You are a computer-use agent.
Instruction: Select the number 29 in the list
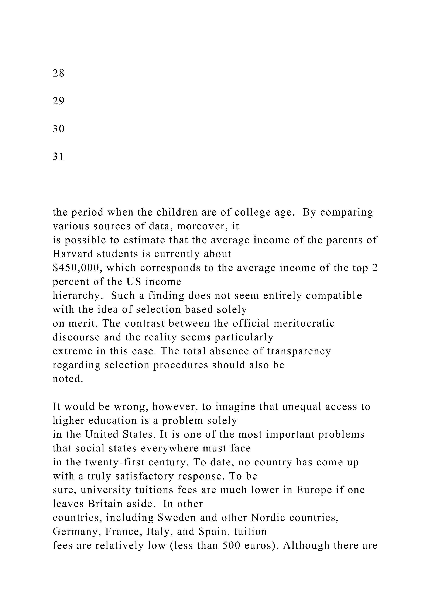click(x=58, y=101)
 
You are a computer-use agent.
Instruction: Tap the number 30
click(x=58, y=129)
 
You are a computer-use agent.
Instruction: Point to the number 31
click(x=58, y=157)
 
